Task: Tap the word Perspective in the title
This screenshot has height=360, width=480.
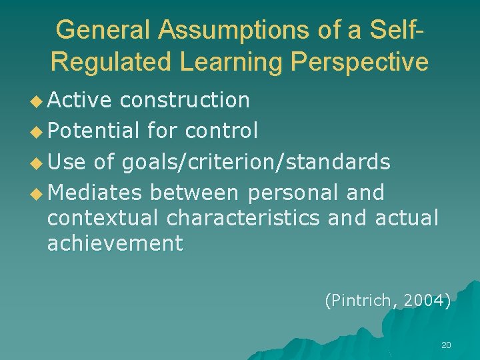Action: pos(359,62)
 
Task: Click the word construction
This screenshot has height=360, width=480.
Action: pos(185,100)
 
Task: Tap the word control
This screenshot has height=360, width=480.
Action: pos(221,131)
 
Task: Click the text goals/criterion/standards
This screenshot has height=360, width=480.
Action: pos(256,162)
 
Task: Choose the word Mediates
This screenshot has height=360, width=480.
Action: pos(95,193)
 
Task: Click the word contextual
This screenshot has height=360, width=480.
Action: pos(103,217)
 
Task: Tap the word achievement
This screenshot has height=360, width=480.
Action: pos(115,243)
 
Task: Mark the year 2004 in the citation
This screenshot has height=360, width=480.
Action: pos(425,301)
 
